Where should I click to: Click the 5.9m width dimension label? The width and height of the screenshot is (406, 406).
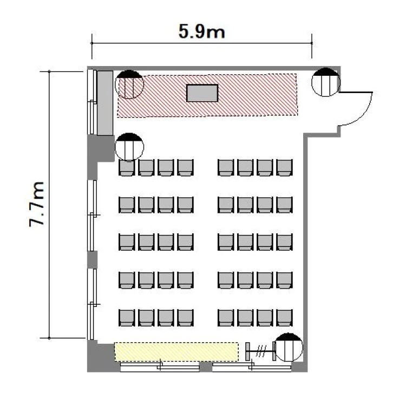tap(202, 31)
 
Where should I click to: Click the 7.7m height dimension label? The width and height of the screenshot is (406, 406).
tap(36, 205)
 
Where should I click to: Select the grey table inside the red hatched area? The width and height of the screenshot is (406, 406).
tap(202, 93)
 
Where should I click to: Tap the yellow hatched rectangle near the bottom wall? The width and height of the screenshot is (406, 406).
tap(176, 352)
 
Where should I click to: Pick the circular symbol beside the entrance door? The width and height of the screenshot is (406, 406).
tap(325, 82)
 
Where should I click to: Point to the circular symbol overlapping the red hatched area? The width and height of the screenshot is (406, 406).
tap(129, 84)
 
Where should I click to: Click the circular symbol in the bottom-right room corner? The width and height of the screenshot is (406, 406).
tap(289, 347)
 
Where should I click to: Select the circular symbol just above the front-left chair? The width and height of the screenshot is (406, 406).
tap(129, 147)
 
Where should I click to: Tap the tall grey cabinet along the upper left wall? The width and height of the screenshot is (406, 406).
tap(105, 103)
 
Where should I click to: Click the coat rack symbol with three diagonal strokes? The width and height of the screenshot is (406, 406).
tap(261, 351)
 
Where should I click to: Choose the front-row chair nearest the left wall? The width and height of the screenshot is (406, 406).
tap(127, 168)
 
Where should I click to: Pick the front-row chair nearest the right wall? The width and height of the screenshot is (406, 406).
tap(285, 168)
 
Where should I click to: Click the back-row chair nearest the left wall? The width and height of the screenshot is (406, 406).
tap(127, 318)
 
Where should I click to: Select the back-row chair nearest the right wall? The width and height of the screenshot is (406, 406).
tap(285, 318)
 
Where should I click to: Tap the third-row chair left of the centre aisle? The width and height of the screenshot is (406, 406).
tap(185, 242)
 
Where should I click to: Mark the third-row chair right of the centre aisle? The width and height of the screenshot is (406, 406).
tap(226, 242)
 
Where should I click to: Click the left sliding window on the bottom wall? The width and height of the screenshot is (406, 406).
tap(160, 366)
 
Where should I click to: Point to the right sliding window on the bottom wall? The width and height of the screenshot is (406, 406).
tap(252, 366)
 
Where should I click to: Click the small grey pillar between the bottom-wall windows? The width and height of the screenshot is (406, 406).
tap(206, 366)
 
